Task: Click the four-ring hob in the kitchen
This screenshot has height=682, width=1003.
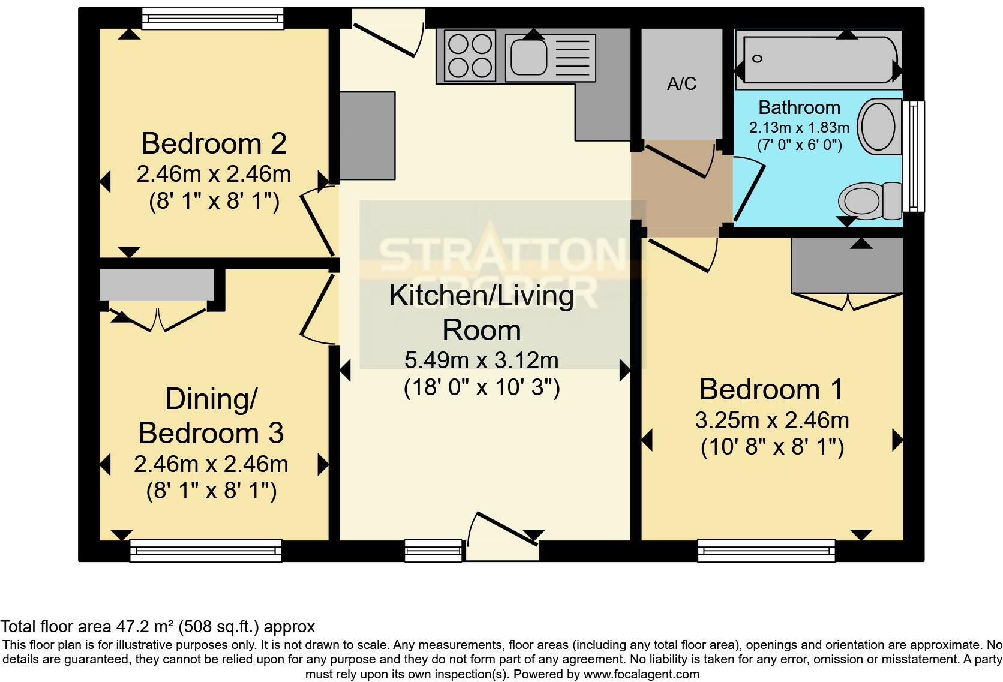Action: (x=470, y=55)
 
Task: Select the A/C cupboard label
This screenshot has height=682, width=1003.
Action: (x=681, y=83)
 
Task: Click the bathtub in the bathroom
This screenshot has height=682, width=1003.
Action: (x=818, y=59)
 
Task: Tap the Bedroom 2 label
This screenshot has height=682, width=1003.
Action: (x=214, y=143)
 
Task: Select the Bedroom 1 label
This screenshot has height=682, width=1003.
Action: (x=771, y=389)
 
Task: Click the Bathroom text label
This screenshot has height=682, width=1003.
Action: (x=798, y=107)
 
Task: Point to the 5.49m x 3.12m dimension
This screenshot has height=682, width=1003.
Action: (x=481, y=360)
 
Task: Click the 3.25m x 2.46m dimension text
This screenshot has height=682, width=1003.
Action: (x=771, y=420)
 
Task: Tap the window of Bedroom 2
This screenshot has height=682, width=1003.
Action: (x=212, y=18)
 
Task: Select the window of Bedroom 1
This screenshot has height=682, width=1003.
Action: (x=766, y=549)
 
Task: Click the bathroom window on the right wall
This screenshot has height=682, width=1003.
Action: (x=913, y=156)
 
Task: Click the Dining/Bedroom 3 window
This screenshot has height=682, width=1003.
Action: (x=206, y=549)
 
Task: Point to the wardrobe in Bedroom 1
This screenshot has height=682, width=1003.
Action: (x=847, y=265)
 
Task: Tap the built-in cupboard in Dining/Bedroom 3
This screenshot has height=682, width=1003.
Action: (x=157, y=284)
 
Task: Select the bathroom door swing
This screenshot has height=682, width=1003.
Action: (x=747, y=189)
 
